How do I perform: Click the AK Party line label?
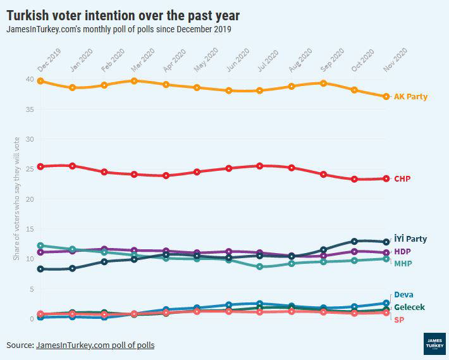410,97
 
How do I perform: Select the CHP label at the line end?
402,179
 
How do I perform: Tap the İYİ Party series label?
410,239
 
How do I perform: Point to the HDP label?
402,252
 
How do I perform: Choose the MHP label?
403,263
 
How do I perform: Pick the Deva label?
403,294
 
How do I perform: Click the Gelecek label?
409,307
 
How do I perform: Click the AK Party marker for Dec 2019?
40,81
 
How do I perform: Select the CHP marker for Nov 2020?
386,178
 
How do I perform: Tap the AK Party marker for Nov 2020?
386,96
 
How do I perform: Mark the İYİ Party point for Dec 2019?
40,269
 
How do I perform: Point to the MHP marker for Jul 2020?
259,266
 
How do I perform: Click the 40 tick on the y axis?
30,79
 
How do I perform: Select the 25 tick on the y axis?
30,169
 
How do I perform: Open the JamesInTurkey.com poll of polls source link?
95,345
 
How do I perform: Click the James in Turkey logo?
433,342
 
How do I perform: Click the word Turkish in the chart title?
30,14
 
